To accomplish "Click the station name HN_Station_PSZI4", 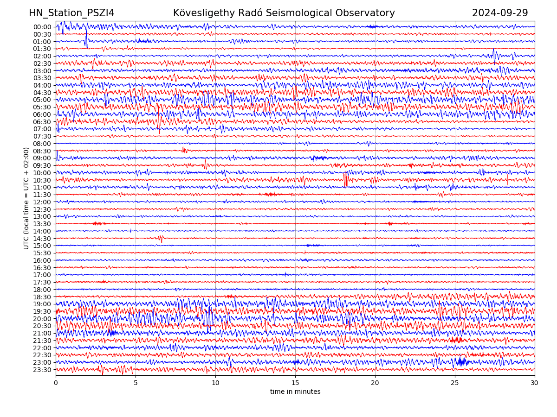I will (x=71, y=13).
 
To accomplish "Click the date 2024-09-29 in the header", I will (x=500, y=13).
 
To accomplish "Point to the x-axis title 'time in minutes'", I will (x=295, y=392).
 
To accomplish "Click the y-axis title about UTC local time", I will (x=26, y=198).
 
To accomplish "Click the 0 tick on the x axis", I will (x=56, y=383).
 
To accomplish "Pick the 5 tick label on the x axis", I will (x=136, y=383).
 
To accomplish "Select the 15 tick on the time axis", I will (x=295, y=383).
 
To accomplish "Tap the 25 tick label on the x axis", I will (x=455, y=383).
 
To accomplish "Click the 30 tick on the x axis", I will (x=535, y=383).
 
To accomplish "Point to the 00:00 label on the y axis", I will (x=42, y=27).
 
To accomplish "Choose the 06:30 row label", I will (x=42, y=122).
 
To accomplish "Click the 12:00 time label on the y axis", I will (x=42, y=202).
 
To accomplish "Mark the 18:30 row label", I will (x=42, y=297).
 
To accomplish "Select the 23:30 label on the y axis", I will (x=42, y=370).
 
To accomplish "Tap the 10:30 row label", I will (x=42, y=180).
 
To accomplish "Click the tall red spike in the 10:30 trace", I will (x=345, y=179).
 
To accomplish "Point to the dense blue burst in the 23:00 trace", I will (x=461, y=361).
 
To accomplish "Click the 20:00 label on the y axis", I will (x=42, y=319).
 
